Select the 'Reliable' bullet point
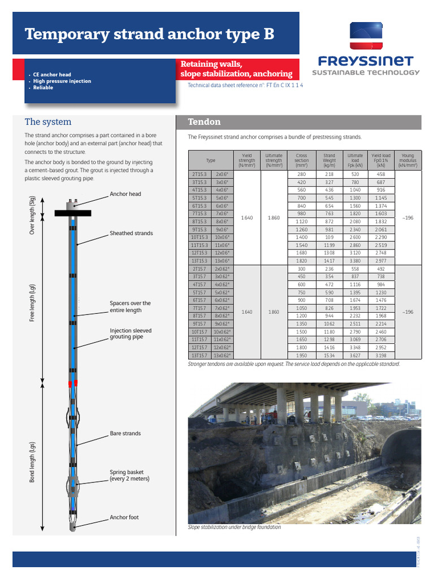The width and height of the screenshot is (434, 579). click(43, 88)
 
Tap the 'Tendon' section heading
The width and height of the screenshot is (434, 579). click(204, 122)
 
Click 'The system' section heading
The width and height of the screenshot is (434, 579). click(48, 122)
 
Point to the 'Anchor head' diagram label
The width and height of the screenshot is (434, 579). click(125, 194)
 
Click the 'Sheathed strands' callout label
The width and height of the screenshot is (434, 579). click(131, 233)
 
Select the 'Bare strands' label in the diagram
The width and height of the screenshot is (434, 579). click(125, 434)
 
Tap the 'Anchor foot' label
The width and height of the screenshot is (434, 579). click(124, 517)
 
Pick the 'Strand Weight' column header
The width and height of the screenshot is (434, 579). click(329, 161)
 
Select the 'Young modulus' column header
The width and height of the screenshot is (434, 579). click(407, 161)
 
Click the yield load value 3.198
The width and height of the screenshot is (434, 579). click(381, 355)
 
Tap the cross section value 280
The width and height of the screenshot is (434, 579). click(301, 174)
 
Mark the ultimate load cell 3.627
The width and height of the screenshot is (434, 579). click(355, 355)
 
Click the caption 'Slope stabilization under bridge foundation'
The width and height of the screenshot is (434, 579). click(234, 527)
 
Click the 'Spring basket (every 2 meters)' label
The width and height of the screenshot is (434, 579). click(129, 476)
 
